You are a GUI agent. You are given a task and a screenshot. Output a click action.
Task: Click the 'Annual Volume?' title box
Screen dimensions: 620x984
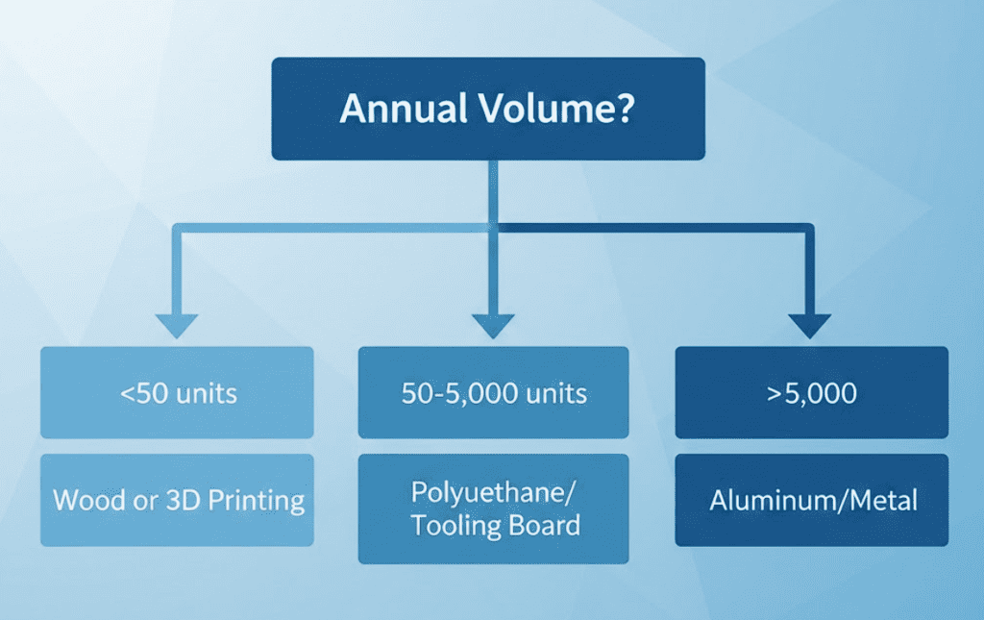[x=488, y=109]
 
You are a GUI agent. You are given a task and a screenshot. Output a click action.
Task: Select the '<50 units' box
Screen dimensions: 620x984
[x=177, y=393]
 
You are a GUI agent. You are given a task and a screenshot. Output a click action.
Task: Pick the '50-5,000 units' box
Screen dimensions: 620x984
[x=493, y=393]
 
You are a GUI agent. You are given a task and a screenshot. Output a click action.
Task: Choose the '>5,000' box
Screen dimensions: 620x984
[x=811, y=393]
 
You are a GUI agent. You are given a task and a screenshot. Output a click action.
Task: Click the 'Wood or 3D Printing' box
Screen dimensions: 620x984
[x=177, y=500]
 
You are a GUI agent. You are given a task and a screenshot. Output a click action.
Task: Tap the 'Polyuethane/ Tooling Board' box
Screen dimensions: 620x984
[x=493, y=508]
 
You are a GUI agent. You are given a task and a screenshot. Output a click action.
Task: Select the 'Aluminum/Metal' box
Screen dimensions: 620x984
[x=811, y=500]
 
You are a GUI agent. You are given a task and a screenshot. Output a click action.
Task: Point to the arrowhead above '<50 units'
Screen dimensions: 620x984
[x=177, y=325]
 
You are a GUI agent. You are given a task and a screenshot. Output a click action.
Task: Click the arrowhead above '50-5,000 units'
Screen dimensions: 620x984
[x=493, y=325]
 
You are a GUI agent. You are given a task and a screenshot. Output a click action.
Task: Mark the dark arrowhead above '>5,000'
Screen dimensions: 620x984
[x=811, y=325]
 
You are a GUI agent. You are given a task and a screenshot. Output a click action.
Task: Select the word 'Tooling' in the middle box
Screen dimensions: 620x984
[x=453, y=525]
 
